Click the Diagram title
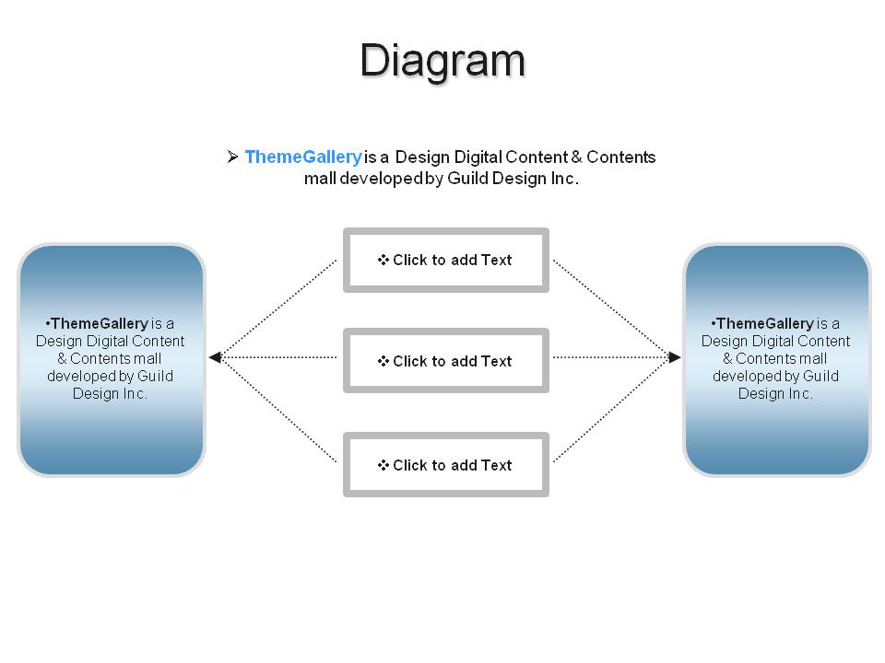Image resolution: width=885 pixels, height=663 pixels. tap(443, 61)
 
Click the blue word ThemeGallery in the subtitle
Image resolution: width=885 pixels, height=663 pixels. tap(303, 157)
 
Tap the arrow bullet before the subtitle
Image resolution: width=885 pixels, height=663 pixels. tap(232, 157)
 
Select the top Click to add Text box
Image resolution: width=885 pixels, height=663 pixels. tap(446, 260)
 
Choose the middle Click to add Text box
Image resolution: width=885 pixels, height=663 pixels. tap(446, 360)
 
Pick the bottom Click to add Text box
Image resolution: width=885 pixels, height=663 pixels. tap(446, 464)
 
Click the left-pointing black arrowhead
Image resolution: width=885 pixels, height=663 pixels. tap(215, 357)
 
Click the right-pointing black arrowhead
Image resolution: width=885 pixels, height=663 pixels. tap(675, 357)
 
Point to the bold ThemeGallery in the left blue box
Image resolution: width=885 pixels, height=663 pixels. tap(100, 323)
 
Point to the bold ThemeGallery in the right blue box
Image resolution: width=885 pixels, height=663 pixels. tap(765, 323)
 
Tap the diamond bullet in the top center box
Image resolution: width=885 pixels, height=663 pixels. tap(383, 260)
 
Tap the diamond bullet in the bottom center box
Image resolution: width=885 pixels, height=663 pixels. tap(383, 465)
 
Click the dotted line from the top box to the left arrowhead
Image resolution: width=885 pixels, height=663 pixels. tap(278, 308)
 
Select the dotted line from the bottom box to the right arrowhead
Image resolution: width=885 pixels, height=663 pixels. tap(611, 410)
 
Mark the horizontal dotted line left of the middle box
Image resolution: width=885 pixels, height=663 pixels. tap(278, 357)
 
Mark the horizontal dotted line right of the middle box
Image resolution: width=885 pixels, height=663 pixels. tap(610, 357)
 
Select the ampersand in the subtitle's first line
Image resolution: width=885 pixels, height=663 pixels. tap(576, 157)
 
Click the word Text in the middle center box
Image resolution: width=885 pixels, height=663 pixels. tap(496, 361)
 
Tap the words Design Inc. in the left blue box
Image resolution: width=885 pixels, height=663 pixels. tap(110, 393)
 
